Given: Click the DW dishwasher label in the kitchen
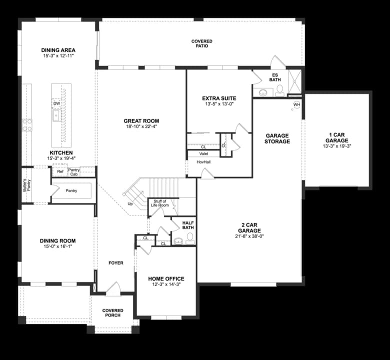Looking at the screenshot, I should click(x=56, y=103).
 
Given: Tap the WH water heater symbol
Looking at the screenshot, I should click(x=296, y=104).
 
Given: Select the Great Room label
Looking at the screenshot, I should click(x=141, y=120).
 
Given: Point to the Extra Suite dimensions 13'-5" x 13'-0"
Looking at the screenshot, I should click(x=219, y=104).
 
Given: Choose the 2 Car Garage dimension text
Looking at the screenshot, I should click(x=249, y=236).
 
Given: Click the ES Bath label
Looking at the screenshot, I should click(x=275, y=77).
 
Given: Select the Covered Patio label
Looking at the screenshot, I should click(x=201, y=43).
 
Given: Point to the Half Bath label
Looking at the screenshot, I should click(x=188, y=225).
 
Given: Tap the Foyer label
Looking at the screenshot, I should click(x=115, y=263).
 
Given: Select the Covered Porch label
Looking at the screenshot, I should click(x=112, y=313).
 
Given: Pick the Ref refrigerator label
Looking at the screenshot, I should click(x=60, y=171).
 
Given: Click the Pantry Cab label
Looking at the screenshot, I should click(x=74, y=172).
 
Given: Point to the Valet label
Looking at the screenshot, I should click(x=203, y=154).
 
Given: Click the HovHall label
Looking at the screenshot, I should click(x=203, y=162).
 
